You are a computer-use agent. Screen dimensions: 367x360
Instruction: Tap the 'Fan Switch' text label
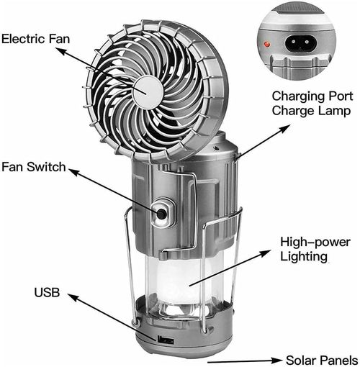(33, 168)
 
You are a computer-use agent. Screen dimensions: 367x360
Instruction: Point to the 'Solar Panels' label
(320, 359)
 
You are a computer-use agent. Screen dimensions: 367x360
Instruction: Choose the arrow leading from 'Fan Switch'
(112, 189)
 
